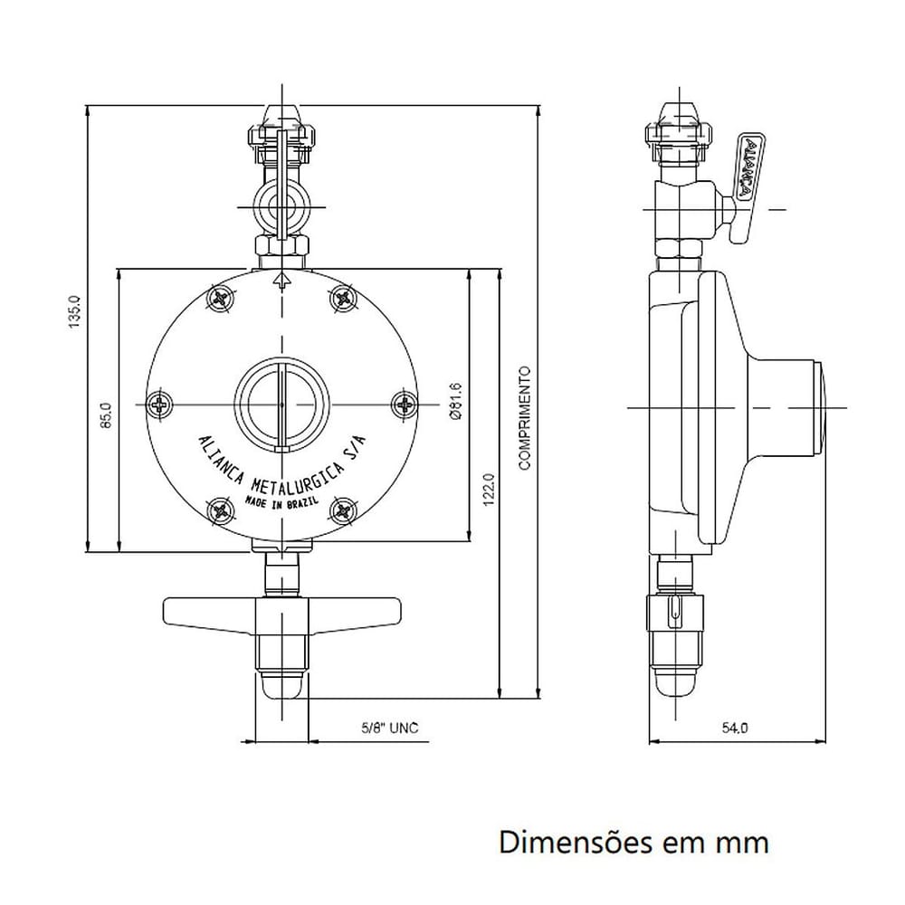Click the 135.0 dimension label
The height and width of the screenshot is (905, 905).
(75, 311)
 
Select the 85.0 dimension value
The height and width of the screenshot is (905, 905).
(106, 415)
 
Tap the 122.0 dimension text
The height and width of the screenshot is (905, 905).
(489, 490)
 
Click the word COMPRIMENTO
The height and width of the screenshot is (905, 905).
(525, 418)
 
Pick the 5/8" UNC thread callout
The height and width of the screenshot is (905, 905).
(390, 728)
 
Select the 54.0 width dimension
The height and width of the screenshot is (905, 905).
(735, 729)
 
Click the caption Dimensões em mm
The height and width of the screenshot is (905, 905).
(633, 842)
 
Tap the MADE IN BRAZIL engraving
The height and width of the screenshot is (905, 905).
(282, 500)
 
